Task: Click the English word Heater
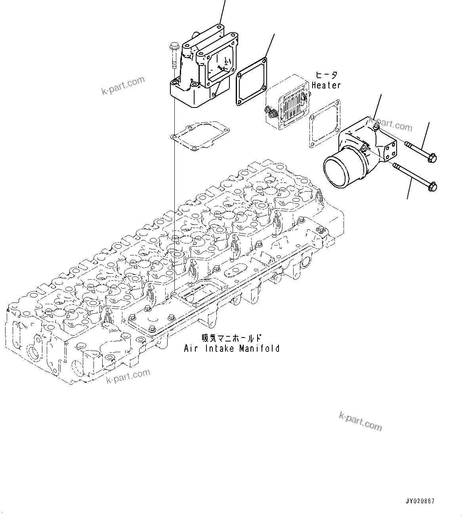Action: pyautogui.click(x=326, y=85)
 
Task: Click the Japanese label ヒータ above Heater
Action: pyautogui.click(x=327, y=75)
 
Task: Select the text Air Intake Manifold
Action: pyautogui.click(x=232, y=349)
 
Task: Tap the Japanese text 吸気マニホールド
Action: pyautogui.click(x=232, y=338)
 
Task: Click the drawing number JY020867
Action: pyautogui.click(x=420, y=501)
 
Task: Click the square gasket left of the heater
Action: pyautogui.click(x=251, y=82)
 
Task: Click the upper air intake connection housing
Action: pyautogui.click(x=200, y=69)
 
